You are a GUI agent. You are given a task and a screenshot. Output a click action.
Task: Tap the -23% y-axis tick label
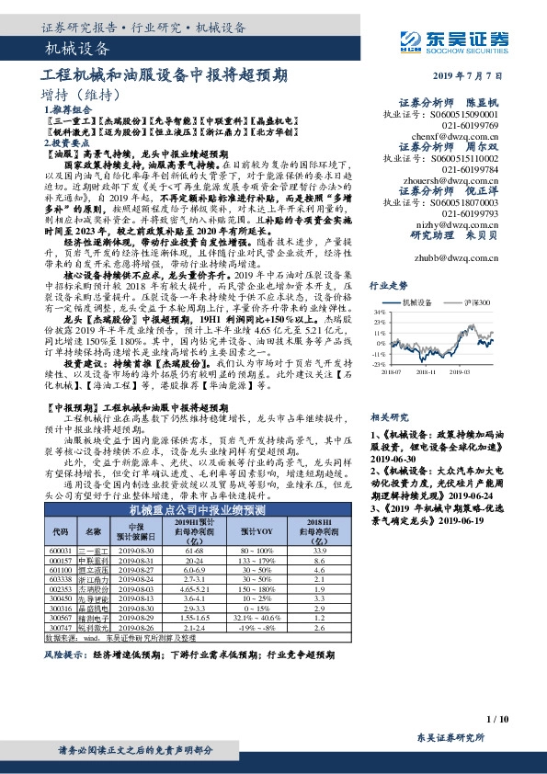coord(379,365)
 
